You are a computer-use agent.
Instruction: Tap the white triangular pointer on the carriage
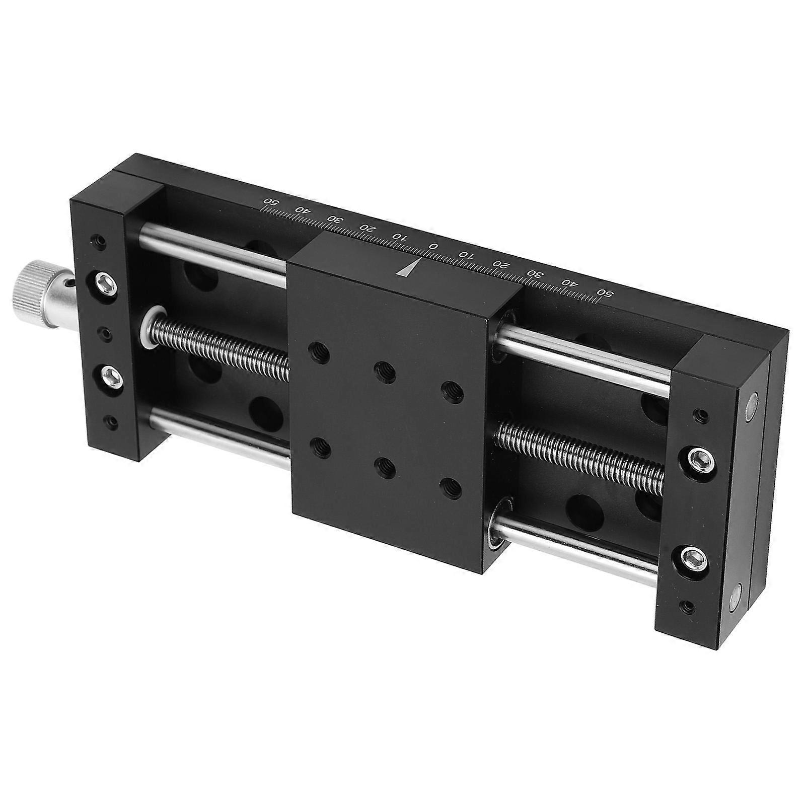click(x=407, y=269)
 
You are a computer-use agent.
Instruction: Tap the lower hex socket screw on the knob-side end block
click(x=111, y=376)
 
